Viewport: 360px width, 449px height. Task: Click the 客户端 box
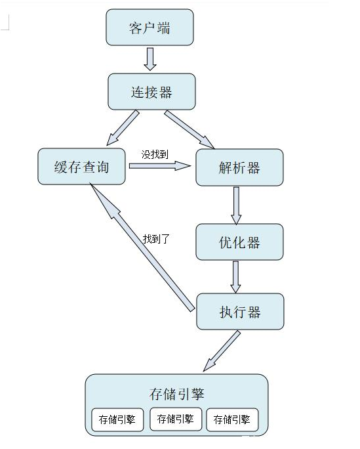click(x=150, y=28)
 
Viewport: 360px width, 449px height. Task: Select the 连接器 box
click(x=151, y=91)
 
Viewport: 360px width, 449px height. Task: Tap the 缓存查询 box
click(x=82, y=167)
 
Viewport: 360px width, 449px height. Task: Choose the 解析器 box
click(x=239, y=167)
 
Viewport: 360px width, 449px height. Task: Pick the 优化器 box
click(x=239, y=242)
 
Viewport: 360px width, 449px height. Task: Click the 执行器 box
click(x=240, y=311)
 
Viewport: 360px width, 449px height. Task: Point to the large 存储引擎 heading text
click(x=176, y=394)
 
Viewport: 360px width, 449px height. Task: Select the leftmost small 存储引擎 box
click(x=117, y=419)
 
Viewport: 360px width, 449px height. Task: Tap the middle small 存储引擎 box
click(x=176, y=419)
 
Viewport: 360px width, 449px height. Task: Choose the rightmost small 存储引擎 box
click(x=232, y=419)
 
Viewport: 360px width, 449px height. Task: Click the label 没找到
click(x=156, y=154)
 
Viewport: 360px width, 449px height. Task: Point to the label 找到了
click(x=156, y=239)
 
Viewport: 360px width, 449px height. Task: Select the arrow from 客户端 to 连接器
click(x=150, y=58)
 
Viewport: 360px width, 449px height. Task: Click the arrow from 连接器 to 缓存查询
click(x=123, y=127)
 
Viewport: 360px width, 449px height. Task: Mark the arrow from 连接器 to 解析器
click(x=189, y=129)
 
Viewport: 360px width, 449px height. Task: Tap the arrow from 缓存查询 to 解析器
click(x=161, y=167)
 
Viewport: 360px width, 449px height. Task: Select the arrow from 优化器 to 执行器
click(x=236, y=276)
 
